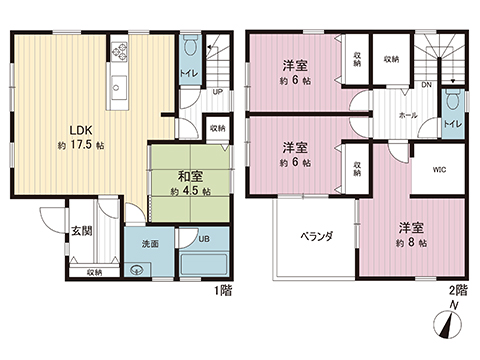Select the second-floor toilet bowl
tap(453, 101)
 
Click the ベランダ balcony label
tap(316, 237)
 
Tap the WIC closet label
tap(439, 170)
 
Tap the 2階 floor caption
tap(460, 290)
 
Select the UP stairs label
tap(215, 93)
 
